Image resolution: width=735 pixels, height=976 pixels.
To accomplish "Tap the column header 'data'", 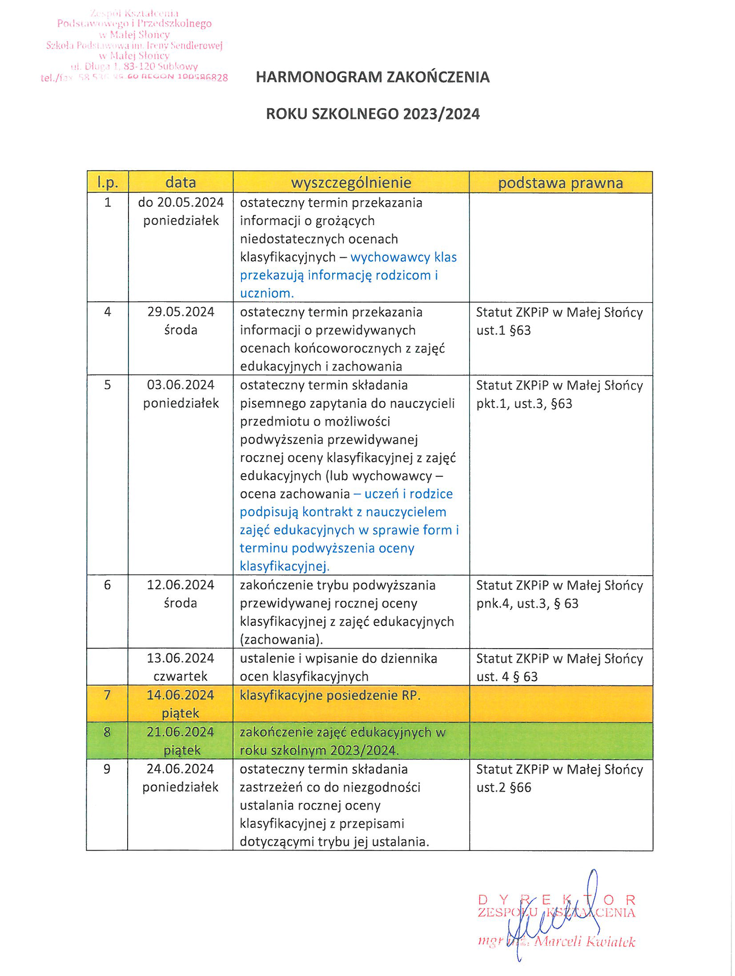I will coord(181,182).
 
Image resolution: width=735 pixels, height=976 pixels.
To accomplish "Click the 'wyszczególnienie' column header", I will coord(351,182).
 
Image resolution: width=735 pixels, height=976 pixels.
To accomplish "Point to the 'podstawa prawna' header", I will coord(560,183).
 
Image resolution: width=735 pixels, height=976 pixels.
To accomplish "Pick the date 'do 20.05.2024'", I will coord(181,202).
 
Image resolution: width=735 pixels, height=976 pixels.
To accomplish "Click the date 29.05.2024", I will coord(181,312).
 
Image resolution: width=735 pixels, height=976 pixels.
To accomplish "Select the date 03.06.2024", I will coord(181,385).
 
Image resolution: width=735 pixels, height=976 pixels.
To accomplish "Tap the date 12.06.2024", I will coord(181,585).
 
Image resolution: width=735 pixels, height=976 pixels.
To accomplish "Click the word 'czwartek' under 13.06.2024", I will coord(181,676).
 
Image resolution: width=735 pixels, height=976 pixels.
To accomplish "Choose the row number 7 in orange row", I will coord(107,695).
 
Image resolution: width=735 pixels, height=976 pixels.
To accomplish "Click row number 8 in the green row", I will coord(107,732).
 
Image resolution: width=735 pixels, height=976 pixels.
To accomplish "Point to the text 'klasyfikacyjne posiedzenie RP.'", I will coord(329,695).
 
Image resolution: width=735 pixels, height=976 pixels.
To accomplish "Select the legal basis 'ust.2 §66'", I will coord(503,787).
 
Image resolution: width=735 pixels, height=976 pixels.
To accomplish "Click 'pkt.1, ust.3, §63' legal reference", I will coord(524,403).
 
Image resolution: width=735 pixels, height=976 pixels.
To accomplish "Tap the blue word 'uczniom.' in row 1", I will coord(267,293).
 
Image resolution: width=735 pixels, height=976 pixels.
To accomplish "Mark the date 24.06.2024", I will coord(181,769).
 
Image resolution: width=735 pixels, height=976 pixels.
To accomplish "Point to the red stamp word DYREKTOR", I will coord(556,900).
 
